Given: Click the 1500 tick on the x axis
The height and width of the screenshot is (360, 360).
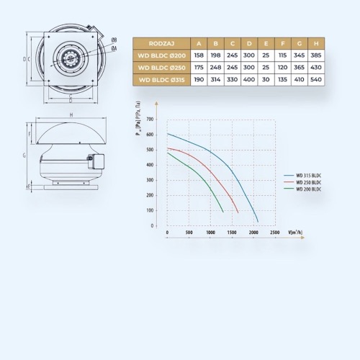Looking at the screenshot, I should click(232, 233).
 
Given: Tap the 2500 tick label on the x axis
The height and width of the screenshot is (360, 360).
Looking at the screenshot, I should click(275, 233).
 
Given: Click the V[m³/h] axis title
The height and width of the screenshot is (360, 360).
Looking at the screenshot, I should click(294, 233).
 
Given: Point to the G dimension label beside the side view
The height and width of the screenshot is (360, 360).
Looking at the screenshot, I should click(24, 155).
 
